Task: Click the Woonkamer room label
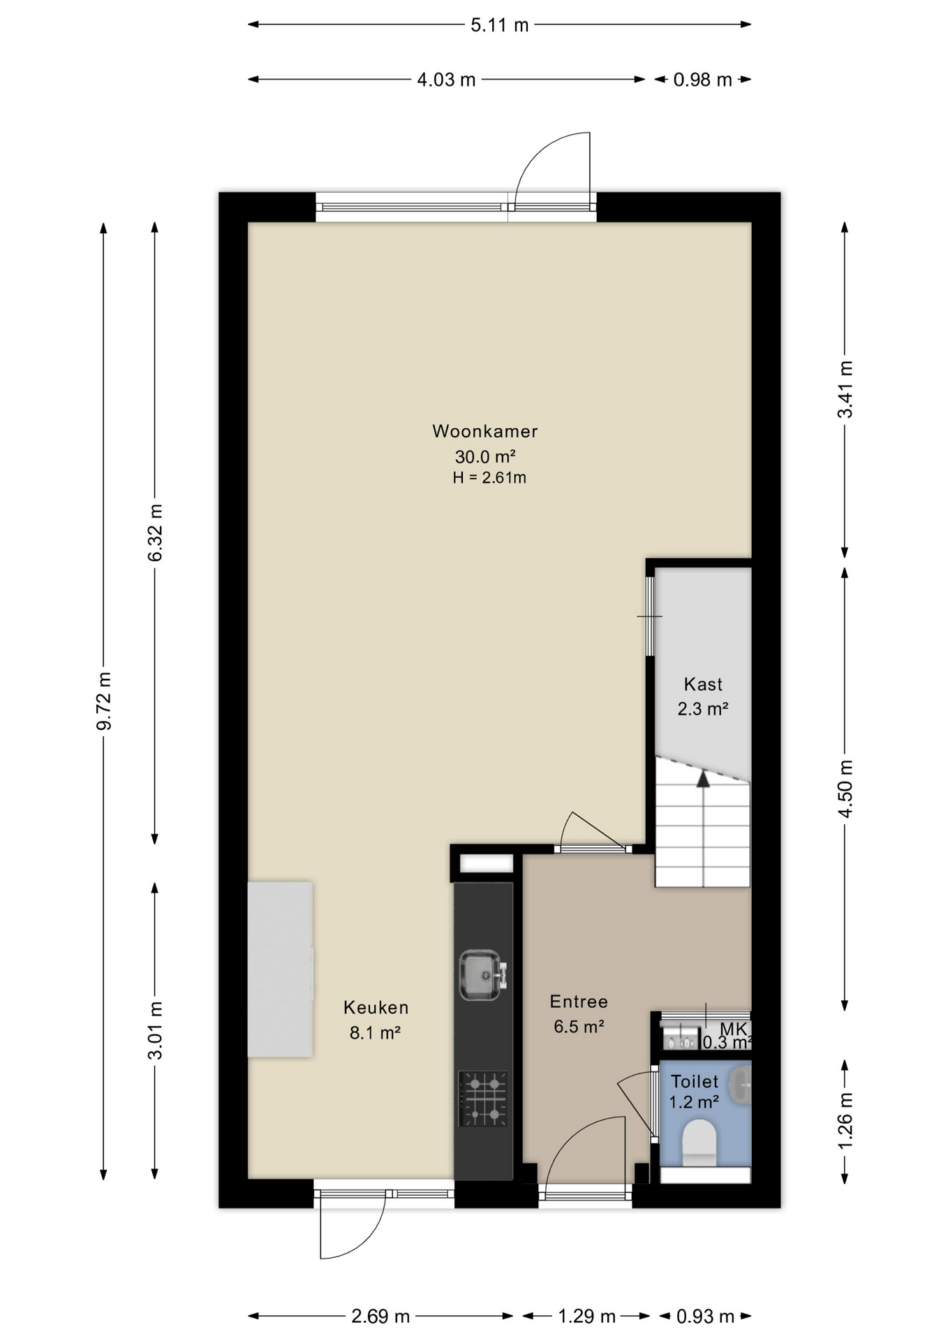[485, 431]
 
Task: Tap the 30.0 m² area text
[485, 457]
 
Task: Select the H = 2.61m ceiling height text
[489, 478]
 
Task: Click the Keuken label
[376, 1007]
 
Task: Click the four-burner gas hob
[483, 1099]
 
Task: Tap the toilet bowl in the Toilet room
[699, 1143]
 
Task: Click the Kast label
[703, 684]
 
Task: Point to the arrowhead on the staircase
[703, 778]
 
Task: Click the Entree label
[579, 1002]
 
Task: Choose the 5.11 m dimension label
[500, 25]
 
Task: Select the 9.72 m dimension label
[104, 701]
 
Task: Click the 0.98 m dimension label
[702, 80]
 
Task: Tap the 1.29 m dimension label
[586, 1317]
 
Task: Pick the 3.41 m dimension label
[845, 389]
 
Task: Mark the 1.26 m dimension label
[845, 1120]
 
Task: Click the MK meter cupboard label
[734, 1028]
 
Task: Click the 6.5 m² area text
[579, 1027]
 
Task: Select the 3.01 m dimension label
[155, 1030]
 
